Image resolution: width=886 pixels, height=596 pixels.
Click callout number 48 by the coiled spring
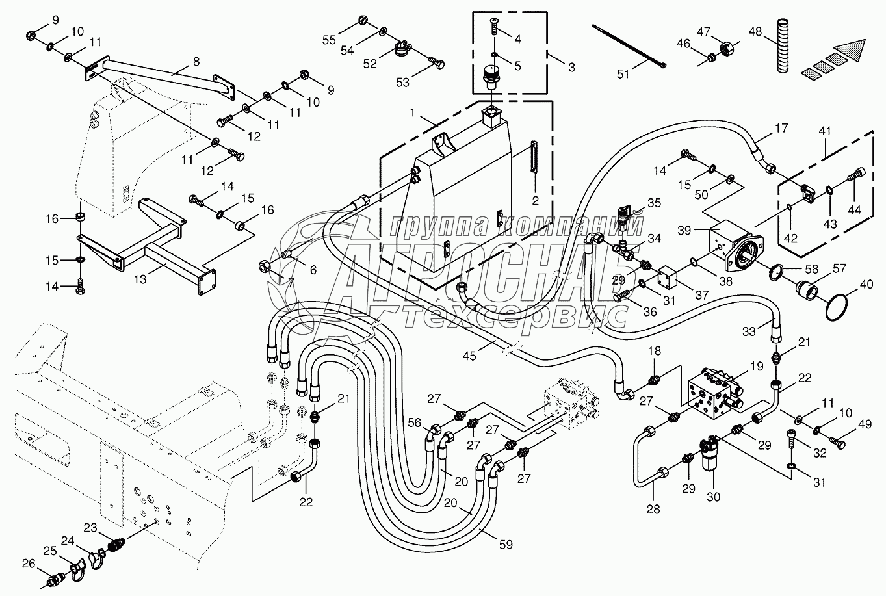point(755,32)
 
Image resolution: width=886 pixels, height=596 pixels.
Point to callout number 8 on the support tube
point(196,61)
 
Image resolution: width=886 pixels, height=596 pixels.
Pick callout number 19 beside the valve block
point(756,366)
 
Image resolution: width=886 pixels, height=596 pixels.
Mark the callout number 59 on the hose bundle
point(505,544)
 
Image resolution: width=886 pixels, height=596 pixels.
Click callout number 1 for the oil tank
point(411,113)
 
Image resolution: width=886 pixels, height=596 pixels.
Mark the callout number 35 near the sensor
point(653,203)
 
